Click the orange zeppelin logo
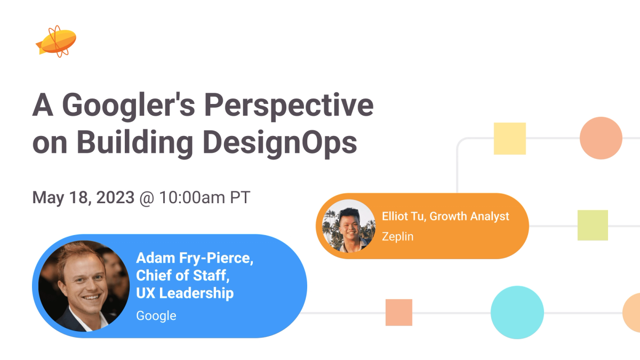click(x=57, y=42)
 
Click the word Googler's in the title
click(x=129, y=106)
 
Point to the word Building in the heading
click(x=135, y=142)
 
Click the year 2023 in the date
click(x=115, y=197)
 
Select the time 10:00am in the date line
click(x=192, y=197)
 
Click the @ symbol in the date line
click(x=147, y=198)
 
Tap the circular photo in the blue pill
click(x=84, y=286)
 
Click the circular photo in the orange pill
click(x=349, y=226)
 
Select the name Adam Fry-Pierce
click(x=195, y=258)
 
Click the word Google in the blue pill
click(x=156, y=316)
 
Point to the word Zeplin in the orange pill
click(x=398, y=237)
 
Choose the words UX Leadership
click(x=185, y=293)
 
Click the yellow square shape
click(x=510, y=139)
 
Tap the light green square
click(x=593, y=226)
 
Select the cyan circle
click(x=517, y=313)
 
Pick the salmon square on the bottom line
click(x=399, y=313)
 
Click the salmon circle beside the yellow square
click(x=601, y=138)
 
